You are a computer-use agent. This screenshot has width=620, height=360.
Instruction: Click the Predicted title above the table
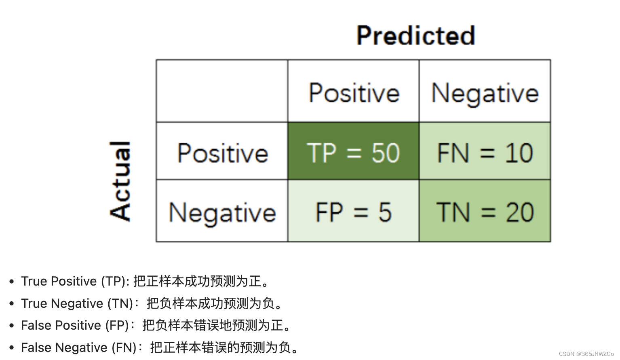[x=415, y=36]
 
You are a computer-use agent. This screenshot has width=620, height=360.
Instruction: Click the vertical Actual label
[x=120, y=181]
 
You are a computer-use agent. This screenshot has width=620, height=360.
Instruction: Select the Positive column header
[x=354, y=93]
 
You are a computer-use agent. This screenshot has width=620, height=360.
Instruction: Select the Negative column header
[x=485, y=93]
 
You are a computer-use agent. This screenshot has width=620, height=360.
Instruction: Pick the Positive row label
[x=222, y=153]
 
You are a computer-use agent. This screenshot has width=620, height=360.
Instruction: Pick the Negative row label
[x=222, y=213]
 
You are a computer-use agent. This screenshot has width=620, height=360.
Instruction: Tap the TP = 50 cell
[x=353, y=153]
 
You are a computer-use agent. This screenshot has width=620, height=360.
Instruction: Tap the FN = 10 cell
[x=485, y=153]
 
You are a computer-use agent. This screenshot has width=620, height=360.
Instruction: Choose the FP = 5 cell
[x=353, y=212]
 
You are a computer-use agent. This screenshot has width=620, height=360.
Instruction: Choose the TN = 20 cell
[x=485, y=212]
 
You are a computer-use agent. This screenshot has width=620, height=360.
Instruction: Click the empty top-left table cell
[x=222, y=91]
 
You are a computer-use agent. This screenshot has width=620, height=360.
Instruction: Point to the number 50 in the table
[x=386, y=153]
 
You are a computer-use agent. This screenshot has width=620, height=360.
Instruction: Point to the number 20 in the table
[x=520, y=212]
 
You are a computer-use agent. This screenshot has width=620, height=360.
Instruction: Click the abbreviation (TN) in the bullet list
[x=120, y=303]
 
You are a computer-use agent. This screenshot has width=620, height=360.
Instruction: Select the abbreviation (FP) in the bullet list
[x=117, y=325]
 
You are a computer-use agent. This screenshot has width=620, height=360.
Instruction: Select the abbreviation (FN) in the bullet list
[x=124, y=347]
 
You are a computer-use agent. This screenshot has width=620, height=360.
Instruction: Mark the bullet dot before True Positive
[x=12, y=282]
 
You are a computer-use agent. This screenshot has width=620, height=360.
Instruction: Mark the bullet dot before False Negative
[x=12, y=348]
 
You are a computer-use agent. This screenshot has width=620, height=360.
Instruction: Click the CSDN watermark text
[x=586, y=354]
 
